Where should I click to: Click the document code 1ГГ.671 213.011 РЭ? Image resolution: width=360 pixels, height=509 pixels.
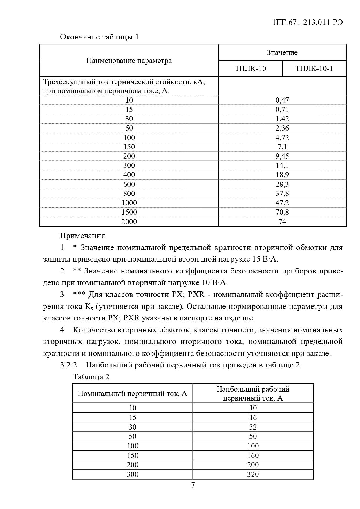(x=308, y=22)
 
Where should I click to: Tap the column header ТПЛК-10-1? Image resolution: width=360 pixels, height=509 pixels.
(x=314, y=68)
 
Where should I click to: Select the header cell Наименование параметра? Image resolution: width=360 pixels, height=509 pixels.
(x=129, y=61)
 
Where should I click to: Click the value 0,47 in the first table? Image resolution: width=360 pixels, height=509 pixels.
(x=282, y=100)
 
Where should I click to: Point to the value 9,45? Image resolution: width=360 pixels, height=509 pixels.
(x=282, y=156)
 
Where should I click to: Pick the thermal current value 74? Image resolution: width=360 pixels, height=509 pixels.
(x=282, y=222)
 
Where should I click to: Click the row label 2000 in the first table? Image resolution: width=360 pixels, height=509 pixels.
(x=129, y=222)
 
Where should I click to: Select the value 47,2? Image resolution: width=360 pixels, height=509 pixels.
(x=282, y=203)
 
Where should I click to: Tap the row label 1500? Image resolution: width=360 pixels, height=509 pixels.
(x=129, y=212)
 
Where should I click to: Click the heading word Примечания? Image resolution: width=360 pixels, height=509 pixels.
(x=82, y=236)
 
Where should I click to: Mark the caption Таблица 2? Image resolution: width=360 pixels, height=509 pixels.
(x=91, y=377)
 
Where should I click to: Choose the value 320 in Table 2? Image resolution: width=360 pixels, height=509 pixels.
(x=253, y=474)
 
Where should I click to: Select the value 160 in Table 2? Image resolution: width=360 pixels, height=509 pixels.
(x=253, y=455)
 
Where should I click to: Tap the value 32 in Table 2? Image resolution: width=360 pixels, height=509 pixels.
(x=253, y=427)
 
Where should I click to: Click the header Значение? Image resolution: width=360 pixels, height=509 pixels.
(x=282, y=52)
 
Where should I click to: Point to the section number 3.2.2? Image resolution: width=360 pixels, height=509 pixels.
(x=68, y=365)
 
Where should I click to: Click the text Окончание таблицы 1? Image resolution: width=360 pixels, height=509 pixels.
(x=99, y=37)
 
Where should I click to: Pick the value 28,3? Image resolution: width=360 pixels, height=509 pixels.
(x=282, y=184)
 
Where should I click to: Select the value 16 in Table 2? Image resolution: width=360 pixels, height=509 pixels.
(x=253, y=417)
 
